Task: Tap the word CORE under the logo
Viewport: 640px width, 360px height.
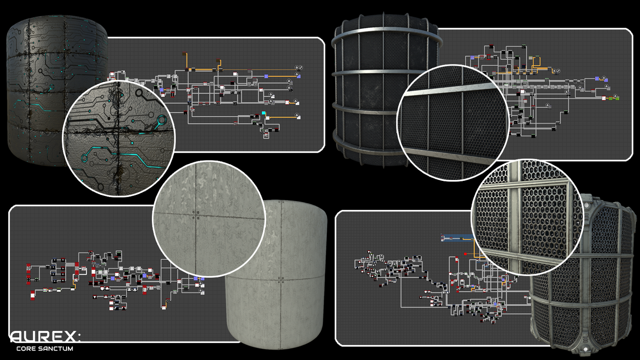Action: pos(26,348)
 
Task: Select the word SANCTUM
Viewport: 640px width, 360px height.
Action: pos(56,348)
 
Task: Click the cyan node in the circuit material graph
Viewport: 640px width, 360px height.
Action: pos(264,113)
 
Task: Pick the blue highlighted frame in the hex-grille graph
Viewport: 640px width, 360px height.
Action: pos(457,238)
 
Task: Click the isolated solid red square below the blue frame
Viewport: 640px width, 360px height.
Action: pos(465,254)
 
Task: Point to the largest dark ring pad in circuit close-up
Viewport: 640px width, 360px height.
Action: pos(140,93)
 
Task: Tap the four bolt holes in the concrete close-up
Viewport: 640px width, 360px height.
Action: pos(196,215)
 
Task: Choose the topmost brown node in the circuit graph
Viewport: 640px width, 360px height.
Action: pos(184,53)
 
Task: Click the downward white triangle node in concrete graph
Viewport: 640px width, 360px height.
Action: pos(95,297)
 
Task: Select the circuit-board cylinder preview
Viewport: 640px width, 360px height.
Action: pos(57,90)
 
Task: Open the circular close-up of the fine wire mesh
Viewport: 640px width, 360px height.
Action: pos(453,123)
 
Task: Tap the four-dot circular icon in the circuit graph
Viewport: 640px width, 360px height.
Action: pos(300,68)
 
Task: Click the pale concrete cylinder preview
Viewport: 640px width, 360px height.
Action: pos(276,275)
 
